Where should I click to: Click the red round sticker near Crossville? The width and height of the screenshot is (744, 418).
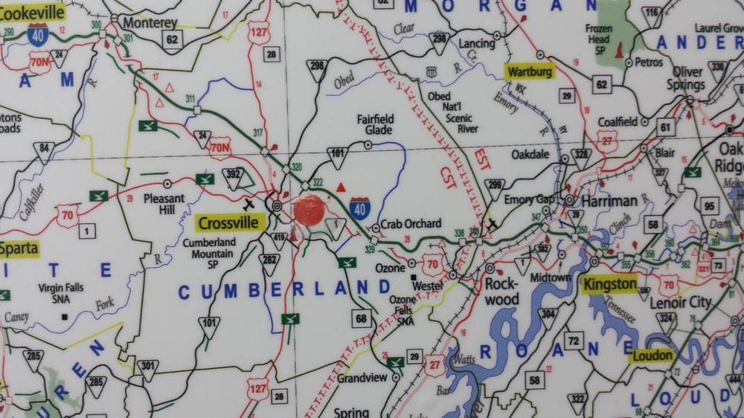tap(309, 210)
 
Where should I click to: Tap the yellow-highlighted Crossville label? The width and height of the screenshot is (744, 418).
tap(229, 222)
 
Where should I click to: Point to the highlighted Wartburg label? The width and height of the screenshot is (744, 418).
tap(530, 72)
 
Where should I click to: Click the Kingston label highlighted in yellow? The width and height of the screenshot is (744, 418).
tap(610, 284)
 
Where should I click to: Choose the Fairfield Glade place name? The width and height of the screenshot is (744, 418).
tap(374, 124)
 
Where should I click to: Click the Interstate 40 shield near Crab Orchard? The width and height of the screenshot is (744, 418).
tap(360, 208)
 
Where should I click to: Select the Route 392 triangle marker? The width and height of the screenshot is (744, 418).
tap(233, 176)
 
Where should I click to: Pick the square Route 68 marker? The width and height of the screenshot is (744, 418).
tap(362, 320)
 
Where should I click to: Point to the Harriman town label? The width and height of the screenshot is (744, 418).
tap(609, 201)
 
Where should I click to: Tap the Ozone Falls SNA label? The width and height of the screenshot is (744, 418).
tap(403, 310)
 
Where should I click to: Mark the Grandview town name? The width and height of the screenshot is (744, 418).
tap(362, 378)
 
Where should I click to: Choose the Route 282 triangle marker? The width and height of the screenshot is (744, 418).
tap(269, 262)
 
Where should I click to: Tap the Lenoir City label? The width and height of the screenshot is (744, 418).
tap(680, 302)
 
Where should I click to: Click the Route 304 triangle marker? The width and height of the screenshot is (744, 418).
tap(548, 316)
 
